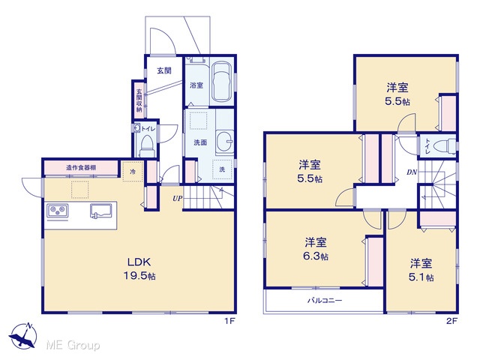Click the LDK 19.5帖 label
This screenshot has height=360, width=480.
[139, 268]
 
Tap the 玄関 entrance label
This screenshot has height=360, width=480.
[164, 70]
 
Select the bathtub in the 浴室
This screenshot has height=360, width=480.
[223, 82]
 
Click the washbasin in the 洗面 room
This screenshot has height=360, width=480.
[225, 142]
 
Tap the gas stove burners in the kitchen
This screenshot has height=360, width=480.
[58, 211]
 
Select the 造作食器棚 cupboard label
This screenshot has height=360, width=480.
[81, 168]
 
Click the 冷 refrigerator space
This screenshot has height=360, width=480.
[133, 172]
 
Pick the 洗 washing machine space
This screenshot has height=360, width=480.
[223, 169]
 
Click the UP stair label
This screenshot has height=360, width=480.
[178, 198]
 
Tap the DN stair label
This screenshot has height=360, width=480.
[412, 172]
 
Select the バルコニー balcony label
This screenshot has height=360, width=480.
[325, 300]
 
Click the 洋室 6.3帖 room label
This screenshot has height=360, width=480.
[316, 248]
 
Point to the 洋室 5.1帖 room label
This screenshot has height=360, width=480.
[421, 270]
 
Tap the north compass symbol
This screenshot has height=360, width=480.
[23, 335]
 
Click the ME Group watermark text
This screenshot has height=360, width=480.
[73, 346]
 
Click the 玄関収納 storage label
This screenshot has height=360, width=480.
[139, 100]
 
